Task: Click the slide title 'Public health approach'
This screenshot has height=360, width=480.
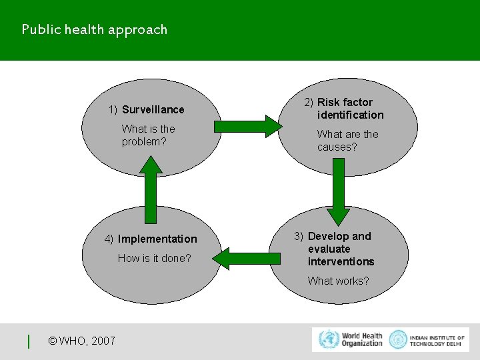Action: click(x=94, y=29)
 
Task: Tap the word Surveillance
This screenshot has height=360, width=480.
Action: click(x=153, y=109)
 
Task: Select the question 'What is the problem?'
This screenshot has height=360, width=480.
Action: click(x=148, y=135)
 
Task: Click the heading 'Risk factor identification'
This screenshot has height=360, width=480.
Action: click(x=350, y=108)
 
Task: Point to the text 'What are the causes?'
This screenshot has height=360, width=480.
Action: click(x=347, y=140)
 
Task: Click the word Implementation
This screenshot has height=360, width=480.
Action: click(x=157, y=239)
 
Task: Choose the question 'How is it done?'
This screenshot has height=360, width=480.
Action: click(x=154, y=258)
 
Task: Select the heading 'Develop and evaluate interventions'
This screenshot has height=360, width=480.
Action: click(x=341, y=249)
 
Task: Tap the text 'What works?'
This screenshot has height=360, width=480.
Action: click(x=338, y=281)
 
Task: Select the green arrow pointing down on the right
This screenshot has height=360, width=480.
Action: click(x=339, y=191)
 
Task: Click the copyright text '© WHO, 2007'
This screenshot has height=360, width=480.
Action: click(x=82, y=341)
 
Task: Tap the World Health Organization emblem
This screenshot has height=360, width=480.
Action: click(x=328, y=339)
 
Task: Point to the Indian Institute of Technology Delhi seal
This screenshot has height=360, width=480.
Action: click(x=398, y=339)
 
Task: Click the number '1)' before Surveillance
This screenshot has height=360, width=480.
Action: click(x=113, y=109)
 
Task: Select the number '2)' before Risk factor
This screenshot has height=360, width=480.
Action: click(x=309, y=102)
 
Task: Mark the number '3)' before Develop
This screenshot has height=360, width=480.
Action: click(x=299, y=236)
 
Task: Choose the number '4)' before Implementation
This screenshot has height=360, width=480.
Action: click(x=109, y=239)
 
